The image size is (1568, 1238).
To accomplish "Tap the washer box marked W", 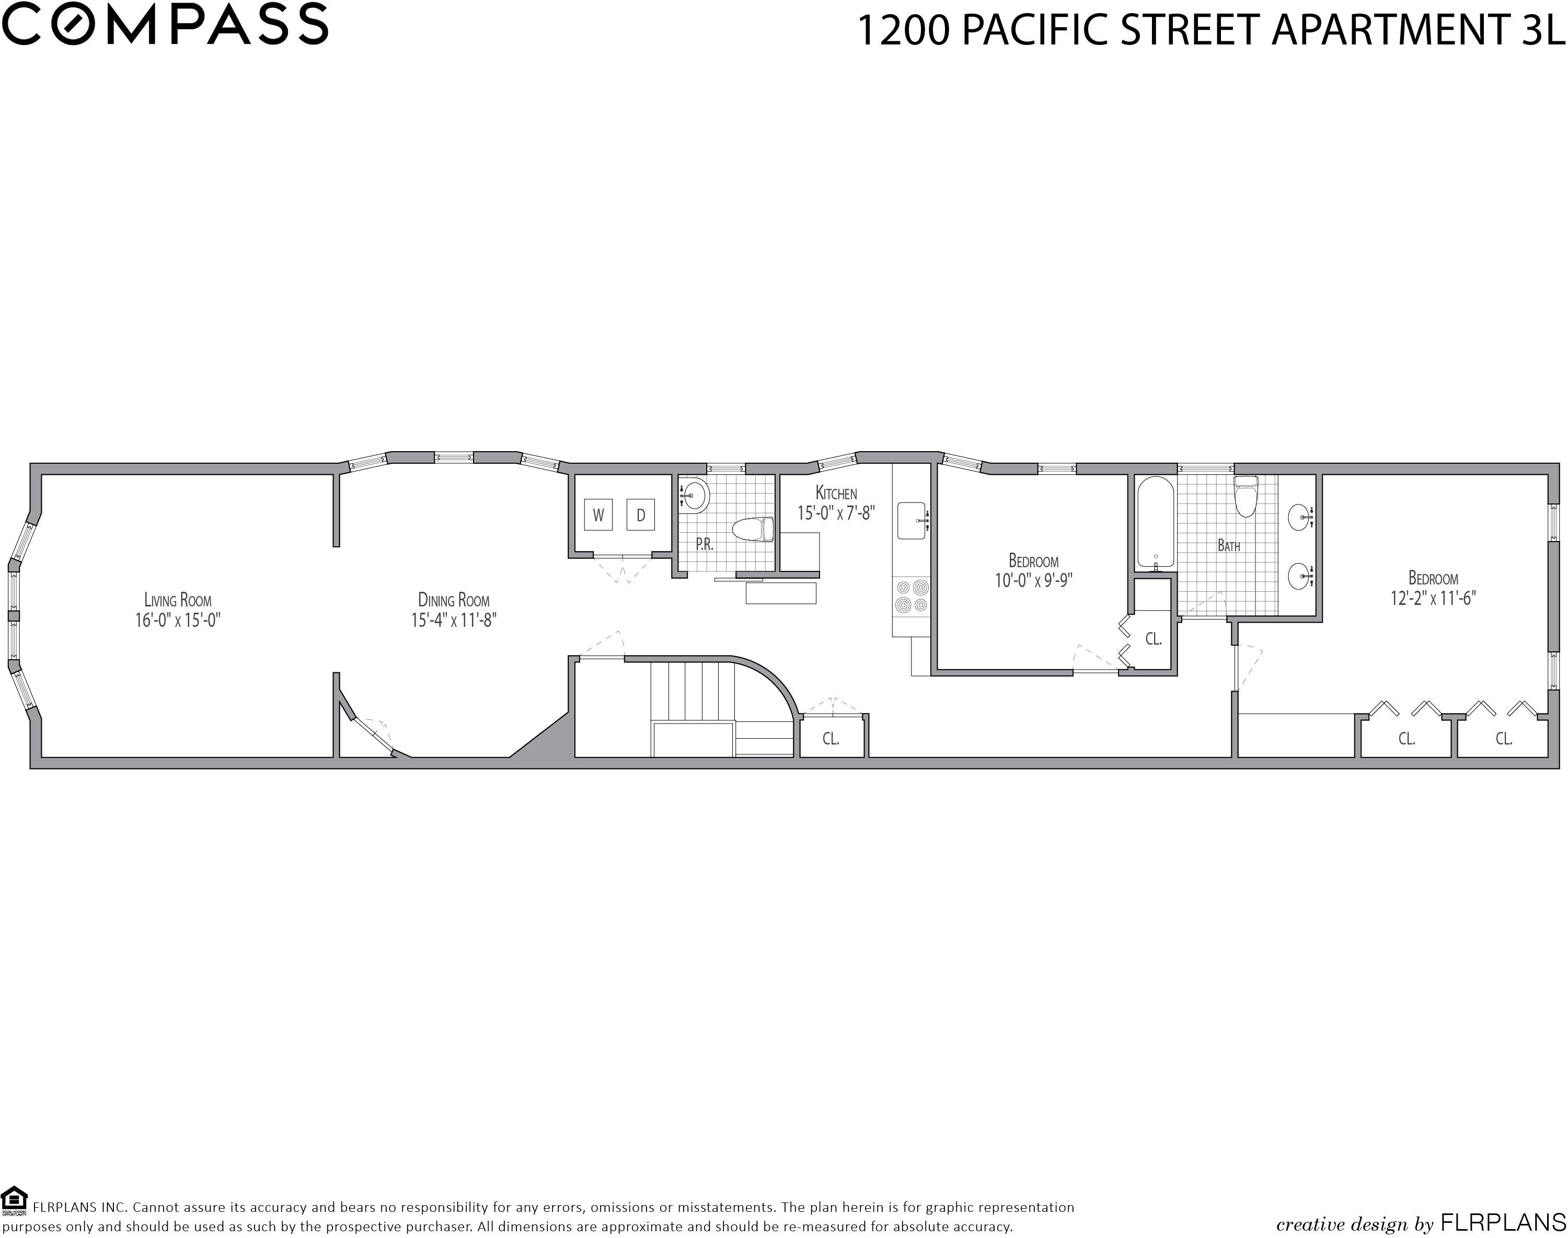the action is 598,514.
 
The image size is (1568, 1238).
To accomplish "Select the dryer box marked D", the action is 641,514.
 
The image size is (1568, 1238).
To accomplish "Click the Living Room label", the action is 178,600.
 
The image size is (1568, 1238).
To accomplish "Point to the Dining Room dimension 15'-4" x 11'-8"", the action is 454,621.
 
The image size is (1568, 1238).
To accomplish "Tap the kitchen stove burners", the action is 912,596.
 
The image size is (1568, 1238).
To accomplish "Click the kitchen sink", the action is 912,520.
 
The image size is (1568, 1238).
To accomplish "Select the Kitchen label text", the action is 836,493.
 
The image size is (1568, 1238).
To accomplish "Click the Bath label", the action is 1229,546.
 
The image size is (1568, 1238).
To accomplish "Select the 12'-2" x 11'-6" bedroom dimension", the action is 1433,599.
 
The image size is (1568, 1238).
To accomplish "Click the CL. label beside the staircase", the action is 831,739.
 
